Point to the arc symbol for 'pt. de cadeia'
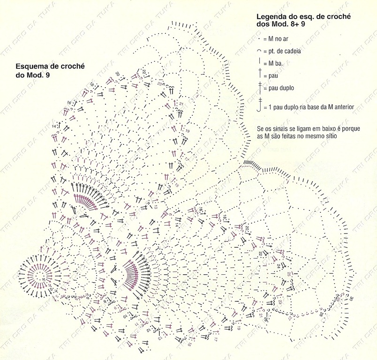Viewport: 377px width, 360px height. [x=258, y=50]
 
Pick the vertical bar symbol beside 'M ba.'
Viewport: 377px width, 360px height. [x=258, y=61]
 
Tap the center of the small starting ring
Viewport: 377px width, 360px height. [x=39, y=277]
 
